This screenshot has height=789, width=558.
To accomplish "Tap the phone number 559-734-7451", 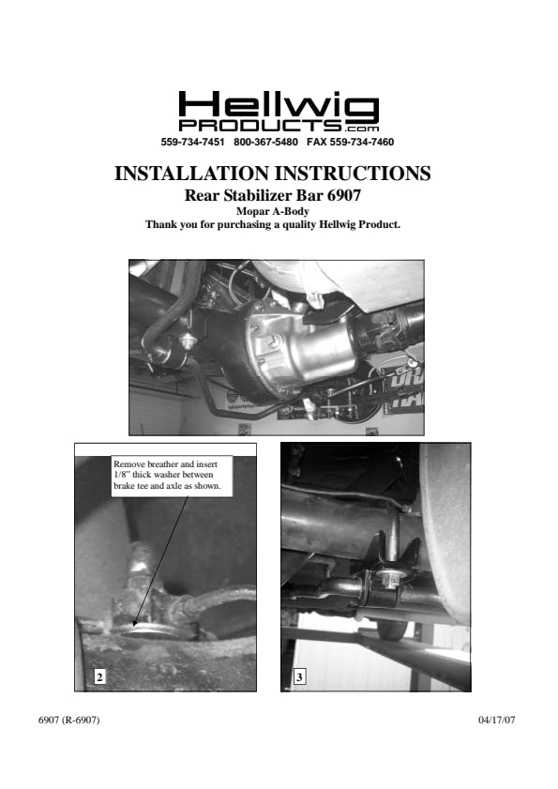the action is pos(192,142).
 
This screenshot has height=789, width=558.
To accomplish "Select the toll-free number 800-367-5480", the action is pos(265,142).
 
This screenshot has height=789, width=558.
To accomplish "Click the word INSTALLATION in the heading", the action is pos(191,174).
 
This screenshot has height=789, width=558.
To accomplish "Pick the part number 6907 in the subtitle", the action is pos(344,195).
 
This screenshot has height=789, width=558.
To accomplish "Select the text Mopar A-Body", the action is pos(273,211).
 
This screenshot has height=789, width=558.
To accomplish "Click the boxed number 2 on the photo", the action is pos(99,676).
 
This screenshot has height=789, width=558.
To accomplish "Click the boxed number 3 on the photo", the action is pos(300,676).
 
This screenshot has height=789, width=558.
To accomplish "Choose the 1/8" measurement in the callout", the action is pos(122,475).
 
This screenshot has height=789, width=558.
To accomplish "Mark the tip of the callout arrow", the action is pos(133,626).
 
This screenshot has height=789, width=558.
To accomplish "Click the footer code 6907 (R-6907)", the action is pos(69,721).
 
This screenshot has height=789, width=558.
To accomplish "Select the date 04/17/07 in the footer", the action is pos(497,721).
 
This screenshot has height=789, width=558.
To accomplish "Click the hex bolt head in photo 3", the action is pos(387,579).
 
